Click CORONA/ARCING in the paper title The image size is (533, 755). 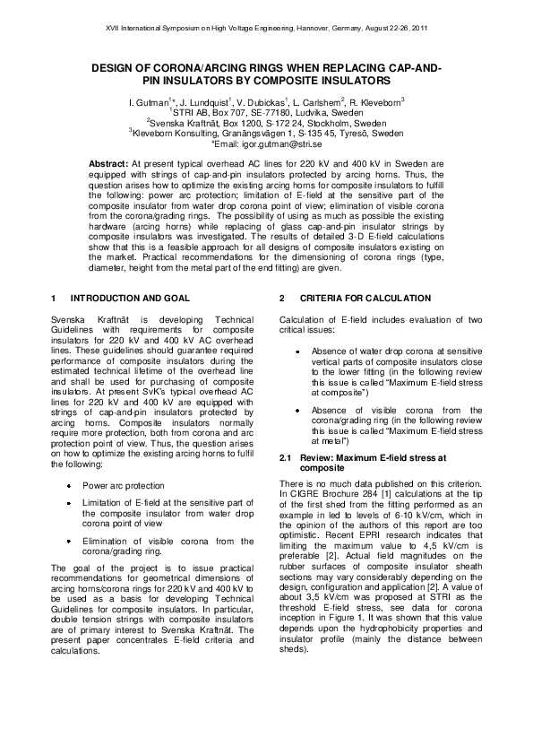pos(197,69)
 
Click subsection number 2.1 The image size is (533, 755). pos(286,458)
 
